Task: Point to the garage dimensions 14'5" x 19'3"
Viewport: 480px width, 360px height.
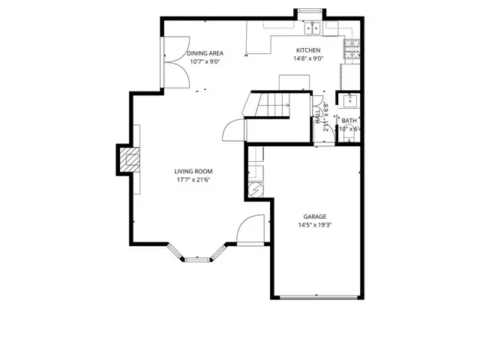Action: [314, 224]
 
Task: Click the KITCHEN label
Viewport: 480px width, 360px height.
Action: [308, 50]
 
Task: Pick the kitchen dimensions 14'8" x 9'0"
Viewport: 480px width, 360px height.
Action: [308, 58]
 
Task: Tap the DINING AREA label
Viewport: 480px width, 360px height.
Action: [205, 52]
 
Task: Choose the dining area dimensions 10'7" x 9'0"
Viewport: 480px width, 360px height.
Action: [205, 61]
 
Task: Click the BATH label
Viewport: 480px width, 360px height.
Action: [349, 120]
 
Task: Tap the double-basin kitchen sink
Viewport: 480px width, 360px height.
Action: [312, 30]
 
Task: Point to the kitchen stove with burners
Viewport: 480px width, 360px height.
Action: [350, 49]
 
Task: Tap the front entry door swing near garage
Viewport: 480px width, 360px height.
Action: [252, 229]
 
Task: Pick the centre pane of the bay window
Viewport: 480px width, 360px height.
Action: [199, 259]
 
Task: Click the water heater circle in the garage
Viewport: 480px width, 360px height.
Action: [254, 190]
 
